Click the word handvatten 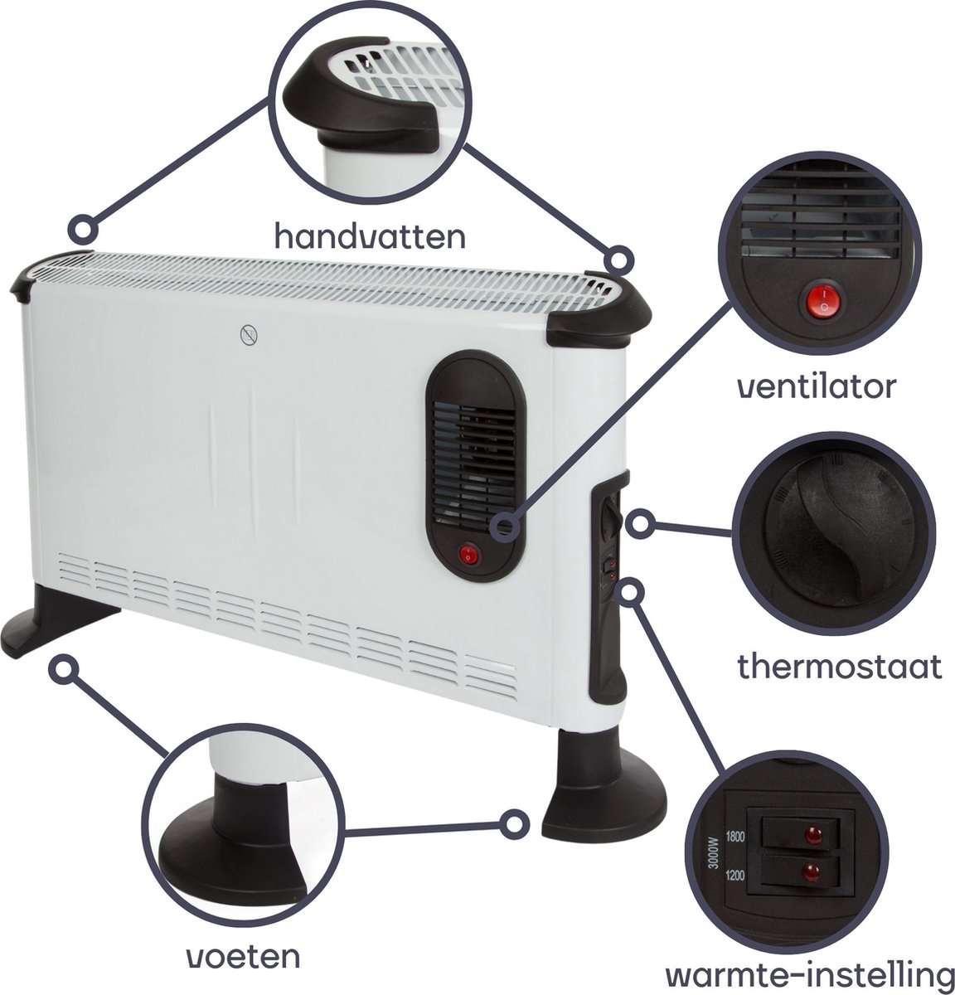click(x=370, y=235)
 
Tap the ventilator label click(x=817, y=386)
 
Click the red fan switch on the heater click(x=468, y=555)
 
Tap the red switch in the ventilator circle click(x=824, y=301)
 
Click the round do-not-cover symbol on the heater click(x=249, y=335)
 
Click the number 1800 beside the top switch click(x=734, y=837)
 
